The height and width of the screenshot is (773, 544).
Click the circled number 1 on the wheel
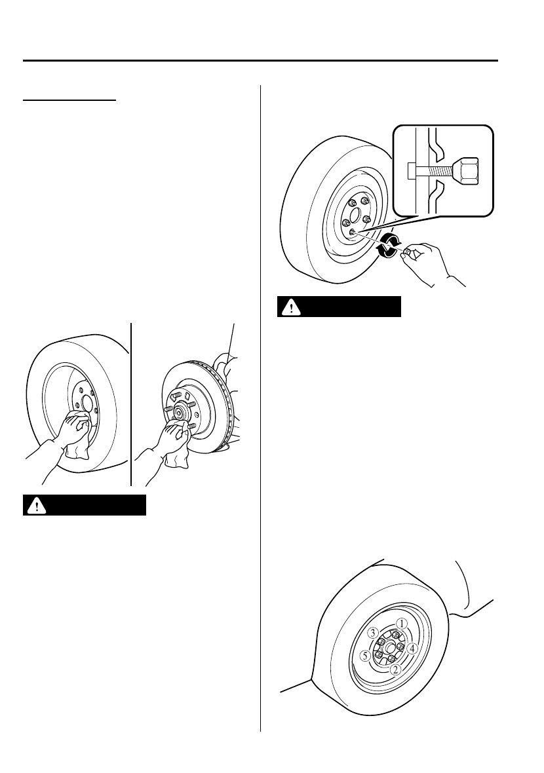click(402, 624)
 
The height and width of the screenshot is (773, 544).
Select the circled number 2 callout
click(395, 669)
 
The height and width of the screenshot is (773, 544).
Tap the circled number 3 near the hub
click(372, 633)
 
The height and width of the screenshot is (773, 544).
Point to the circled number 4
click(412, 649)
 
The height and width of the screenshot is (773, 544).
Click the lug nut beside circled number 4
click(400, 647)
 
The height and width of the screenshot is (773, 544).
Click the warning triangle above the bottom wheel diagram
click(289, 307)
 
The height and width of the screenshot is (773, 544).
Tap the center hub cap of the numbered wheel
click(389, 646)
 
